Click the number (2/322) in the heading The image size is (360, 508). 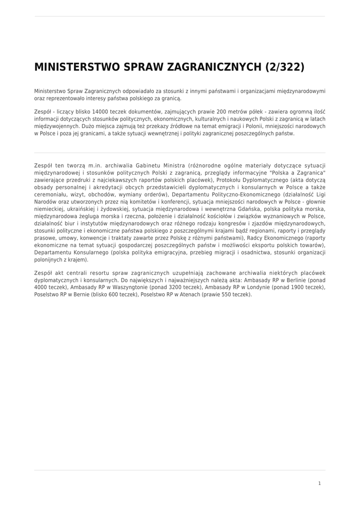coord(285,67)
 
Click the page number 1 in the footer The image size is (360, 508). coord(320,483)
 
